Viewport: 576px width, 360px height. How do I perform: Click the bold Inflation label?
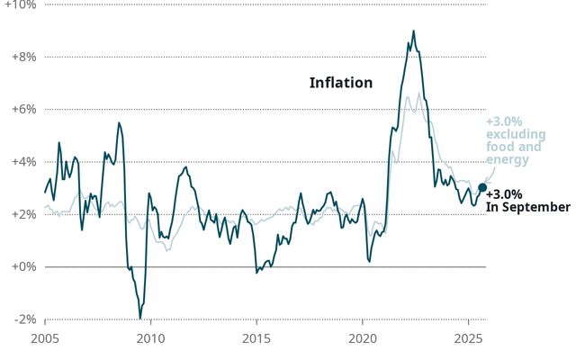point(340,83)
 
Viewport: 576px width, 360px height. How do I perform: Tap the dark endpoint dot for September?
point(482,187)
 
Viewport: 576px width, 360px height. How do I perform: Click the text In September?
point(527,207)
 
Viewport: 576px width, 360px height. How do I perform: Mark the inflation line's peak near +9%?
point(413,31)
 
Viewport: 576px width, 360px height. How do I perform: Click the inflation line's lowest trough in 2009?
point(140,317)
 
